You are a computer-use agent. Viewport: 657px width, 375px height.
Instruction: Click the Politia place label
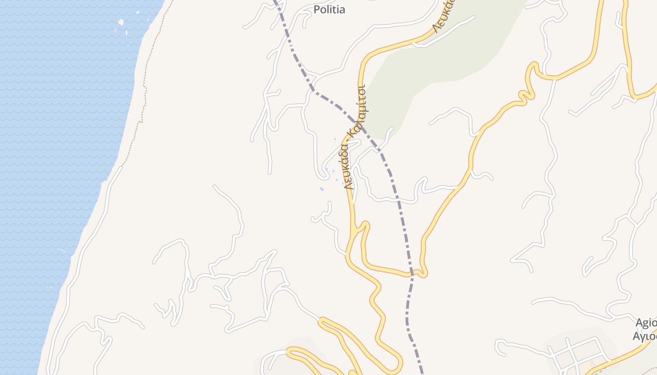(329, 9)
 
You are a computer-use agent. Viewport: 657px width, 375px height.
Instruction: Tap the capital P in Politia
(317, 9)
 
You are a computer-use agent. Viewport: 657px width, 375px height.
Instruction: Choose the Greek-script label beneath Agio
(645, 336)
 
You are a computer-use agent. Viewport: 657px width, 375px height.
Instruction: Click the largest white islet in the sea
(121, 22)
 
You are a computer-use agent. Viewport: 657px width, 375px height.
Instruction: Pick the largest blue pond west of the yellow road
(321, 189)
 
